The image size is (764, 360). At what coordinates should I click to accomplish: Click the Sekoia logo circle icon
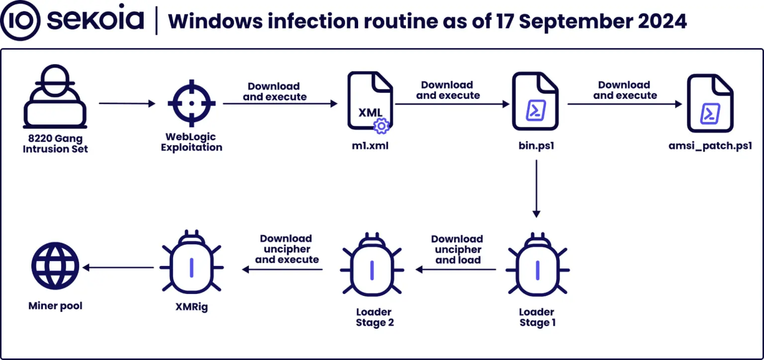(20, 20)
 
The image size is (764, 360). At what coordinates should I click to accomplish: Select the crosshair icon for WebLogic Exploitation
(191, 103)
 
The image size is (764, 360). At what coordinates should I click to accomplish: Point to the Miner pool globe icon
(55, 268)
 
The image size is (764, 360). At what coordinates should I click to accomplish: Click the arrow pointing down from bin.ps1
(536, 188)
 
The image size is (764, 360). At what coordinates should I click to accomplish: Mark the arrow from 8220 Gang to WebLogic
(127, 104)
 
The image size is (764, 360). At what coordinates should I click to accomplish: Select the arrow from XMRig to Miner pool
(118, 268)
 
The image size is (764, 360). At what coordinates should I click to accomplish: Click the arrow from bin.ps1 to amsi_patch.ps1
(624, 104)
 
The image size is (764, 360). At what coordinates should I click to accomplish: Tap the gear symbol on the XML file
(381, 127)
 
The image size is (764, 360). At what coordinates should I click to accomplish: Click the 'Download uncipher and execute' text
(286, 249)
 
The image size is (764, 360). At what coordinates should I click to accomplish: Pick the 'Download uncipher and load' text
(457, 249)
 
